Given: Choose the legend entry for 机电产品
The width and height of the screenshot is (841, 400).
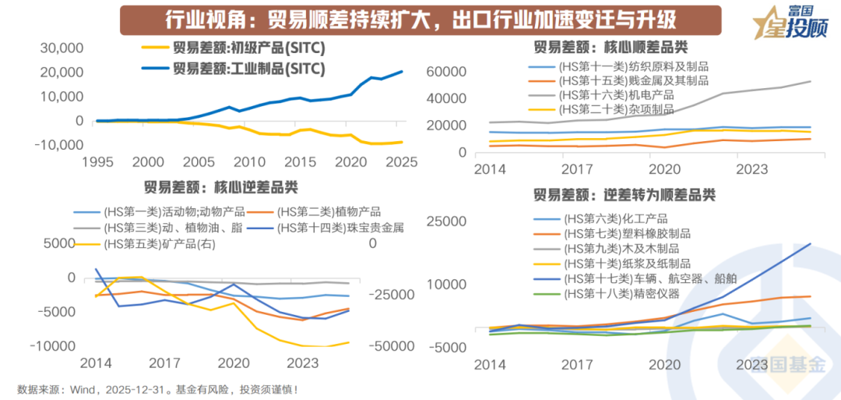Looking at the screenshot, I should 616,94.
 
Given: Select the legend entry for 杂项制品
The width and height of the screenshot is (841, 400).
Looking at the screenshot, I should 616,108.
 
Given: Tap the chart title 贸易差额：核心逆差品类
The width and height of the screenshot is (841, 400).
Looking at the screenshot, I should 220,188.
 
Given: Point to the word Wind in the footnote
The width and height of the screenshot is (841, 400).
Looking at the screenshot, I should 85,388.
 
